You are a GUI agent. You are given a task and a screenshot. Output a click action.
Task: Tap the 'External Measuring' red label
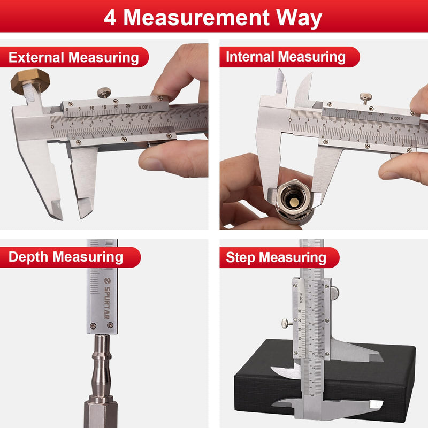pyautogui.click(x=73, y=57)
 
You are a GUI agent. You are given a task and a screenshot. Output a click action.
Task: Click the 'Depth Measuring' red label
pyautogui.click(x=65, y=257)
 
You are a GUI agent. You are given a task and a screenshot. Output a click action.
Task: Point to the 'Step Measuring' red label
pyautogui.click(x=276, y=257)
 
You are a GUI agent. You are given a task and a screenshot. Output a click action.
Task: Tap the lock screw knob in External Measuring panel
pyautogui.click(x=104, y=93)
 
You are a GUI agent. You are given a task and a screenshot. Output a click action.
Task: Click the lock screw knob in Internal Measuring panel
pyautogui.click(x=366, y=97)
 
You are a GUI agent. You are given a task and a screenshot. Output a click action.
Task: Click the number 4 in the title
pyautogui.click(x=110, y=17)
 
